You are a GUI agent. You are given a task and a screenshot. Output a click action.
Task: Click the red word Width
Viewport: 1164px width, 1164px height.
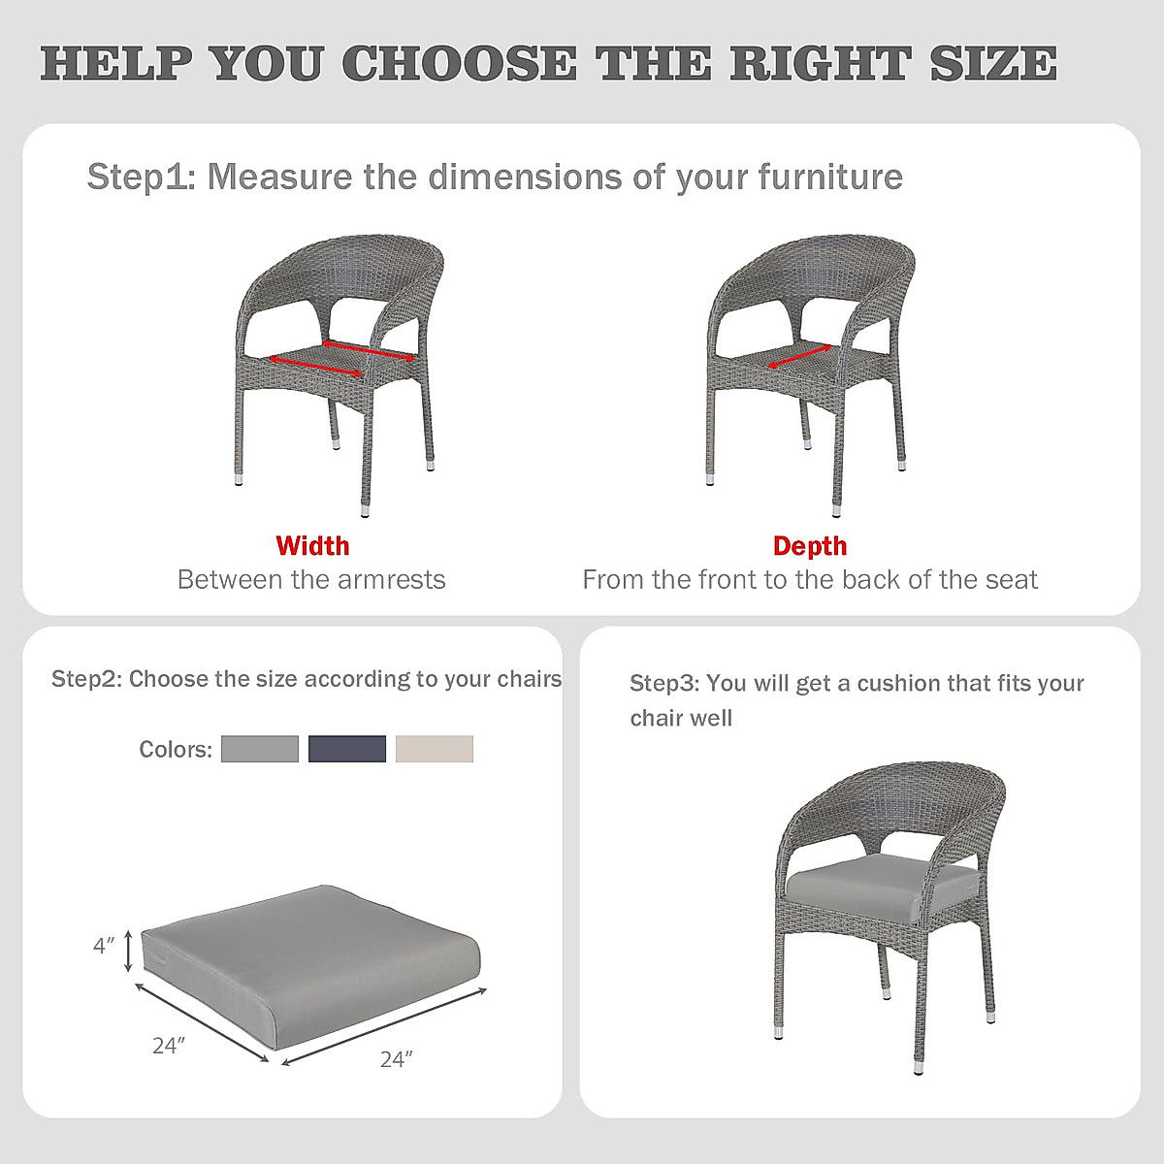312,546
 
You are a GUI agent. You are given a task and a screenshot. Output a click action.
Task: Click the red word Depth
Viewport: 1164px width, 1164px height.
810,546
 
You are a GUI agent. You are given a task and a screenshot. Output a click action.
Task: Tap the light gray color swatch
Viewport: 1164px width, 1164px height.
260,749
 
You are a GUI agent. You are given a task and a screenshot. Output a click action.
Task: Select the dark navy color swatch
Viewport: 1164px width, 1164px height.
347,749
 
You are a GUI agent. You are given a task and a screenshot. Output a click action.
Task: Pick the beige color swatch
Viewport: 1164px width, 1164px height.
435,749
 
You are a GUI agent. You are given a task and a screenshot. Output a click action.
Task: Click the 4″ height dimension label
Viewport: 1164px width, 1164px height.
104,945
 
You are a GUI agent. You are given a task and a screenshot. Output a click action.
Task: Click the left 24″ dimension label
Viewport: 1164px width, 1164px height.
168,1046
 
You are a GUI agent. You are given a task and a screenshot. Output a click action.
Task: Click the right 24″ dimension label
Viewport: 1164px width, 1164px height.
396,1059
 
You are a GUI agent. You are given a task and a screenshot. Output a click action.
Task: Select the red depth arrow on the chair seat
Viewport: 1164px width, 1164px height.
799,356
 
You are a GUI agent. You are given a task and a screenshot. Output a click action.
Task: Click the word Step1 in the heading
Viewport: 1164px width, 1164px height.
142,178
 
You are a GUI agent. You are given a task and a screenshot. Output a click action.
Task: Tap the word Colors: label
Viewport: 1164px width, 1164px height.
176,750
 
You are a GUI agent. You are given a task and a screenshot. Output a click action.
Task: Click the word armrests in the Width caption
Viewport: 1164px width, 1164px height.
392,580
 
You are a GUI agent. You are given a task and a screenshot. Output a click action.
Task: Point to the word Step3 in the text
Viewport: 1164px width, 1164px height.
663,684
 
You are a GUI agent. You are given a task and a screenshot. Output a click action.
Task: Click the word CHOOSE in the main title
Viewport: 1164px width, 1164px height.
459,64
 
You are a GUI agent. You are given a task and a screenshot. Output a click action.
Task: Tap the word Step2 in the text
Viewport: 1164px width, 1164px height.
85,679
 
